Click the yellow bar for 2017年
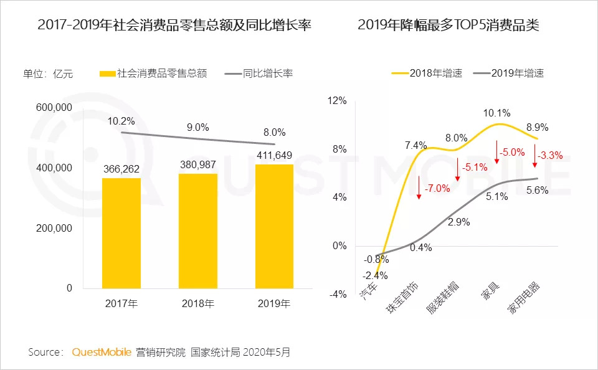pyautogui.click(x=121, y=233)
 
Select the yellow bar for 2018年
pyautogui.click(x=198, y=230)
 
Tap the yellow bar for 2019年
pyautogui.click(x=274, y=226)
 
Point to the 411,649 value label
pyautogui.click(x=274, y=155)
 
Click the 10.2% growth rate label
pyautogui.click(x=121, y=121)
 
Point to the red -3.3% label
pyautogui.click(x=551, y=156)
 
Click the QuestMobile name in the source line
pyautogui.click(x=102, y=353)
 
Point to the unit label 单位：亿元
pyautogui.click(x=48, y=74)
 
